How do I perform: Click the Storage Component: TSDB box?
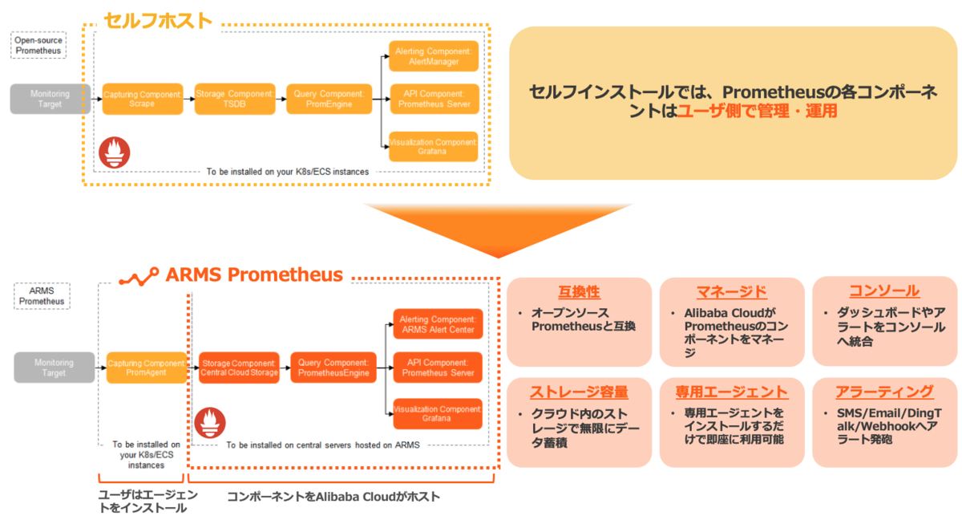coord(235,100)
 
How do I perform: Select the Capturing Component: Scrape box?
coord(142,100)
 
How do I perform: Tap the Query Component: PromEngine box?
coord(329,100)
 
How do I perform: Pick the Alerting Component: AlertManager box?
coord(433,56)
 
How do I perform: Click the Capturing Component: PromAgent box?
coord(146,368)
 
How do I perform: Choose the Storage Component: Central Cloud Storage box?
coord(239,368)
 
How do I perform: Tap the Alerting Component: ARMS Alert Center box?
coord(438,324)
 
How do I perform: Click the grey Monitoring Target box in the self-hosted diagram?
coord(50,99)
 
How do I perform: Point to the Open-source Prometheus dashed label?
coord(37,45)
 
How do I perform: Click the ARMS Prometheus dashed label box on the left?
coord(42,295)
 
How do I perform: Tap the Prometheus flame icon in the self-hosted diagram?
coord(114,152)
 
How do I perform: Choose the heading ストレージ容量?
coord(579,392)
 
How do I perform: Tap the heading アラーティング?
coord(884,392)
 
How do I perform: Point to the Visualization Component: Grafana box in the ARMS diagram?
coord(438,413)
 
